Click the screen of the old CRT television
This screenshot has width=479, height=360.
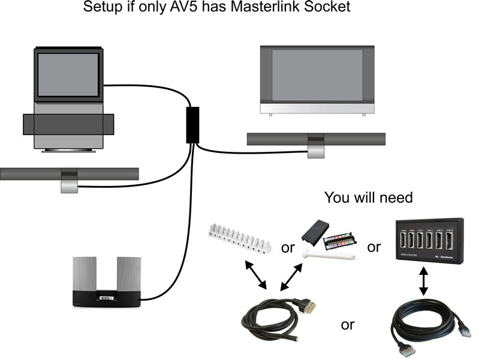(68, 73)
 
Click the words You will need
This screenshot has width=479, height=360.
(369, 197)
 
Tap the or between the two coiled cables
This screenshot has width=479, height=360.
(348, 325)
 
